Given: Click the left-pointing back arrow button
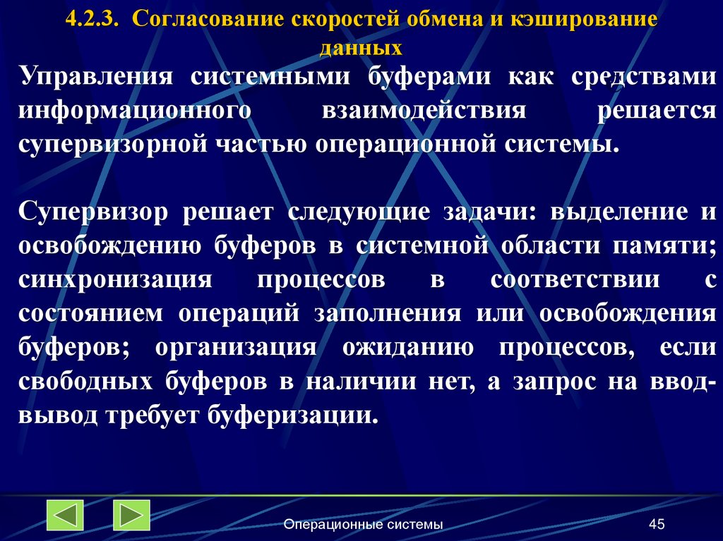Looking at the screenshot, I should [65, 515].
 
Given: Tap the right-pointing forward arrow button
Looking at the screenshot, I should [131, 515].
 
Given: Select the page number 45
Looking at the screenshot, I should [657, 524].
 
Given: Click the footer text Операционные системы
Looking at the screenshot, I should [363, 524].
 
